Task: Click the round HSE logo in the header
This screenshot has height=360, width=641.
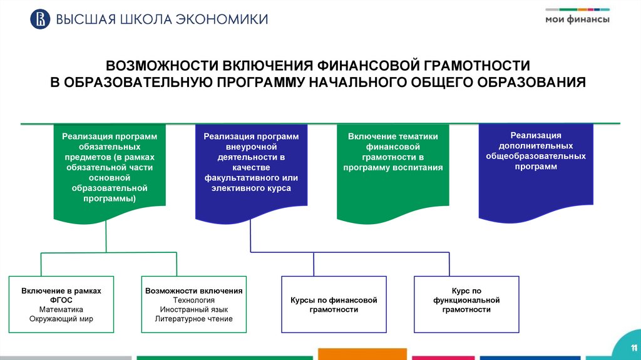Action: coord(40,19)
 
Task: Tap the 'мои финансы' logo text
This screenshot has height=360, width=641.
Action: coord(577,19)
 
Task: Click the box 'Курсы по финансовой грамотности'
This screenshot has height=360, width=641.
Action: coord(334,304)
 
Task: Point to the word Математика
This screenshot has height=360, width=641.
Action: coord(61,309)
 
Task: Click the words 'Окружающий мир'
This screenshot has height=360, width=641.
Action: coord(61,319)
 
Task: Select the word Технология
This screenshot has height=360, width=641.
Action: coord(193,300)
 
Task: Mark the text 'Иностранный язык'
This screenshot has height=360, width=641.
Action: coord(193,309)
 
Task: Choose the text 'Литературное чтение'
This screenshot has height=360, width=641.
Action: coord(193,319)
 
